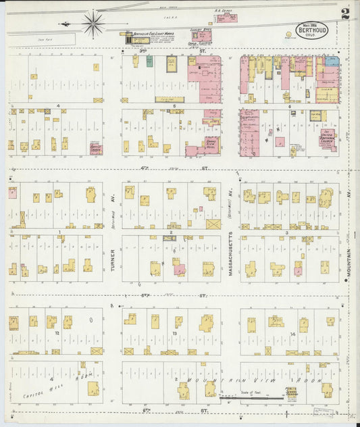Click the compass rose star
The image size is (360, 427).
coord(93,24)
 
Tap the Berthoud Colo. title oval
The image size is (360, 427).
coord(311,30)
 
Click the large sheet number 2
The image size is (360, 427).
coord(345,14)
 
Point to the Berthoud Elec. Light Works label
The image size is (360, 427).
coord(149,33)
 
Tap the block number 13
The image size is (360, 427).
coord(174,334)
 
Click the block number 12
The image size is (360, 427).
coord(58,334)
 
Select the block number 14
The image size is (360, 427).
coord(292,334)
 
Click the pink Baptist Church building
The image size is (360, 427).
coord(97,148)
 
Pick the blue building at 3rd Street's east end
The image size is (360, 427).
coord(331,61)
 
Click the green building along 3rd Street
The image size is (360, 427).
coord(149,61)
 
